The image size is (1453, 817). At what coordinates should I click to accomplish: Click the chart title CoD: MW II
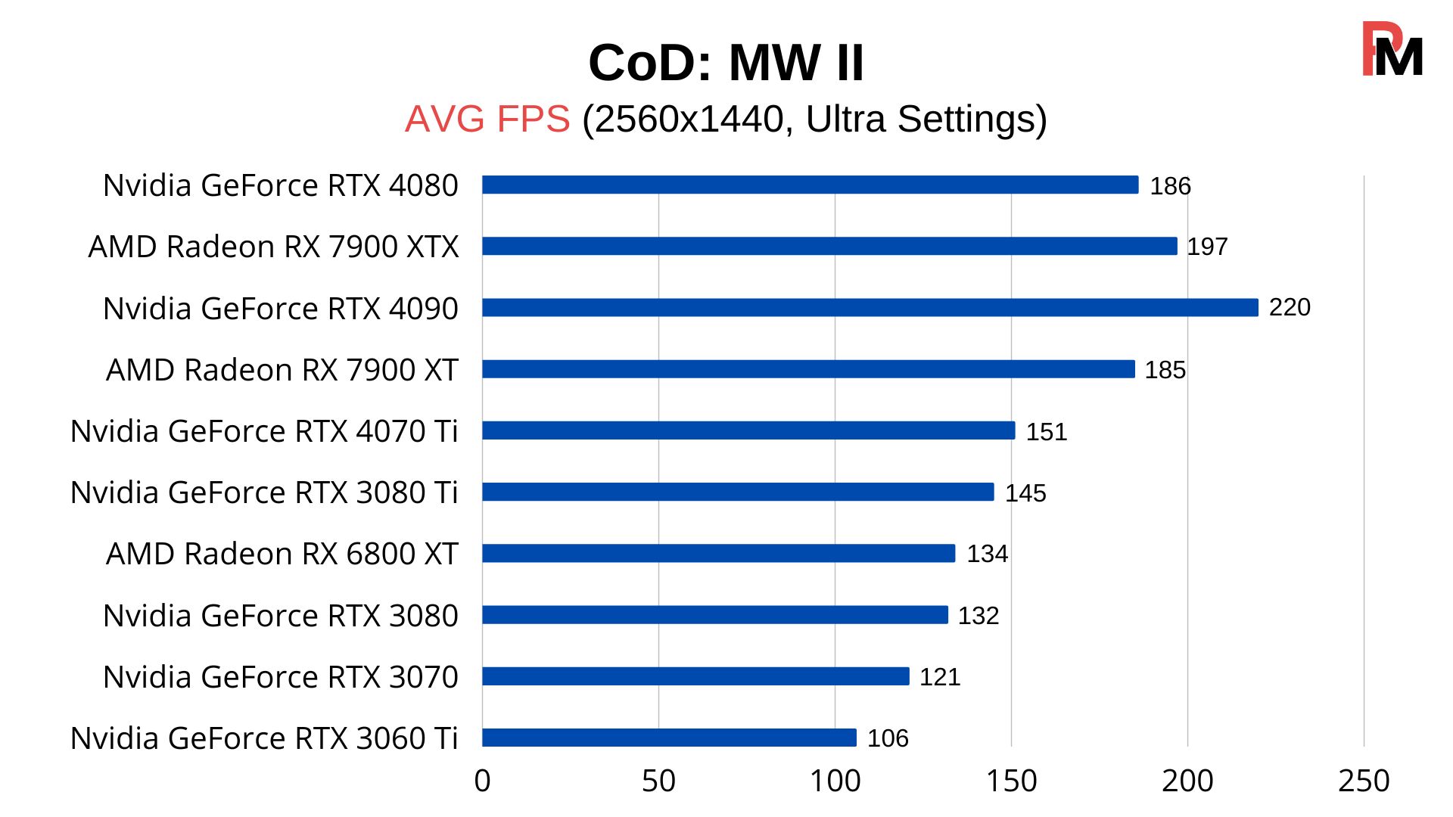726,63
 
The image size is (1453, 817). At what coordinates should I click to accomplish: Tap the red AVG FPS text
487,120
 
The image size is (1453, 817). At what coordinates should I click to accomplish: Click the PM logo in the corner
1392,50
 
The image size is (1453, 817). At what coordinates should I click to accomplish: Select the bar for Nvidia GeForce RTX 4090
870,307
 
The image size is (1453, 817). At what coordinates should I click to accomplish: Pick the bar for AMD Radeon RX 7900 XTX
829,246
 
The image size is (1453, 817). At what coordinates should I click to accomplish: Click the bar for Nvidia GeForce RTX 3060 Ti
669,738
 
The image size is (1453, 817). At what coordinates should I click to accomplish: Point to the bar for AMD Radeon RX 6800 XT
718,554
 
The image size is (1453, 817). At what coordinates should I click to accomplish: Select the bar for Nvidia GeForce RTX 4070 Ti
748,430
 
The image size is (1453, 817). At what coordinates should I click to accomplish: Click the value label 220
1289,307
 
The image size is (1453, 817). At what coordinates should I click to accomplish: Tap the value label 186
1169,186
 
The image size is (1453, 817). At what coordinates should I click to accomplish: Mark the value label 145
1025,493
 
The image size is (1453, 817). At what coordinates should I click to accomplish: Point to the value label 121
939,677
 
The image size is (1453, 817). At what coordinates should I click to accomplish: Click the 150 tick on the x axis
1011,781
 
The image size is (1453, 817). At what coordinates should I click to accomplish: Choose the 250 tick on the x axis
1363,781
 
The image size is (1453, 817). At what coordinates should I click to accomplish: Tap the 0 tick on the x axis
482,781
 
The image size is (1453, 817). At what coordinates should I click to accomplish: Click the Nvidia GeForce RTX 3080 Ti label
264,492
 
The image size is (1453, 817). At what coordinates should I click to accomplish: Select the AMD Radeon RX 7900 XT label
282,370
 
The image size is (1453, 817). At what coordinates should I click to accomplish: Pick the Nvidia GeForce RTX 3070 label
280,677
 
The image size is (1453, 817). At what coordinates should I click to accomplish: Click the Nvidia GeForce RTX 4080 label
280,185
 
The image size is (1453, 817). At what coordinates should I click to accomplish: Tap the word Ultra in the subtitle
845,120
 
